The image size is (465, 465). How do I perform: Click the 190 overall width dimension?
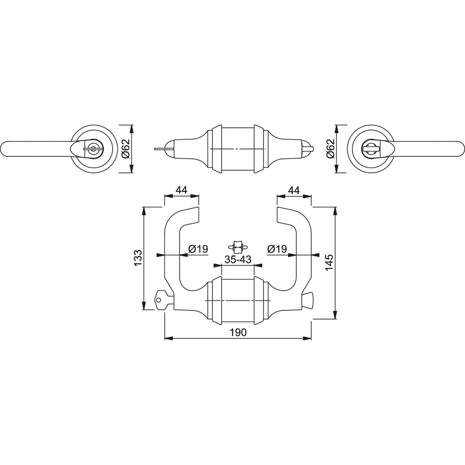238,332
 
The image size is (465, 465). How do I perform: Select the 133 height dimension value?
138,258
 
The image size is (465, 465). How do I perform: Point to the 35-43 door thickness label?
238,259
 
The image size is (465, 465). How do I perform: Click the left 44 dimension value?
181,190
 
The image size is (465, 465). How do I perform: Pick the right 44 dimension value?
294,190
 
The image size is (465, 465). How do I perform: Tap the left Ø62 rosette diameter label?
126,149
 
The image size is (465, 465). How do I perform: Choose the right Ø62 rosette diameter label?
331,149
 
